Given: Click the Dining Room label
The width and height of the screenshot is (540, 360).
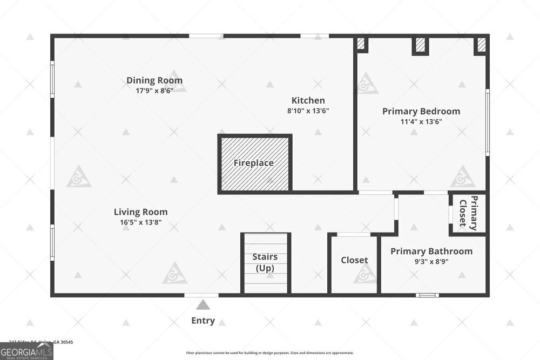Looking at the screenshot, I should tap(154, 80).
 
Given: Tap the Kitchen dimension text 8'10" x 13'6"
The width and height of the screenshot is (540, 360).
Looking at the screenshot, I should tap(308, 111).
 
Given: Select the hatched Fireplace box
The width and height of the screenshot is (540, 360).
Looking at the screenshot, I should tap(254, 163).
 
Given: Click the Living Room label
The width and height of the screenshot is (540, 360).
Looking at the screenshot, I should tap(140, 212).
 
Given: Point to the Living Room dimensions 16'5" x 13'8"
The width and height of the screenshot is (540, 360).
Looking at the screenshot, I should tap(140, 222).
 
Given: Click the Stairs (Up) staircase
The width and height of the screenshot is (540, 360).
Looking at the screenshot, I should tap(265, 263).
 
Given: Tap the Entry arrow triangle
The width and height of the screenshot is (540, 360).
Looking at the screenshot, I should tap(203, 305).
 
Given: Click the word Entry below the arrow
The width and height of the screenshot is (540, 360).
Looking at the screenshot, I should tap(203, 321).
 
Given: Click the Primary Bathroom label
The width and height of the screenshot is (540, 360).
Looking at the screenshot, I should tap(431, 251).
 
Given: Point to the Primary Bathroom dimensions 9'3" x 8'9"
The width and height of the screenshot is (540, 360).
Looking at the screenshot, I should tap(431, 261).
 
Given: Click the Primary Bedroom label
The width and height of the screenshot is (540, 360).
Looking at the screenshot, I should tap(421, 111).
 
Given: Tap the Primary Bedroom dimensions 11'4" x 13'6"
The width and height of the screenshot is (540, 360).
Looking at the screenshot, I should tap(421, 121).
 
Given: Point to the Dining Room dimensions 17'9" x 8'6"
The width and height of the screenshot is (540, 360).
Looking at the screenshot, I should tap(154, 91).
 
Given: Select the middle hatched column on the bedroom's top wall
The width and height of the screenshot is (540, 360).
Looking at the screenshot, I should tap(420, 45).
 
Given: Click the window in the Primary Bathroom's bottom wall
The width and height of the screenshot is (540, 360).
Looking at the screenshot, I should tap(427, 295).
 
